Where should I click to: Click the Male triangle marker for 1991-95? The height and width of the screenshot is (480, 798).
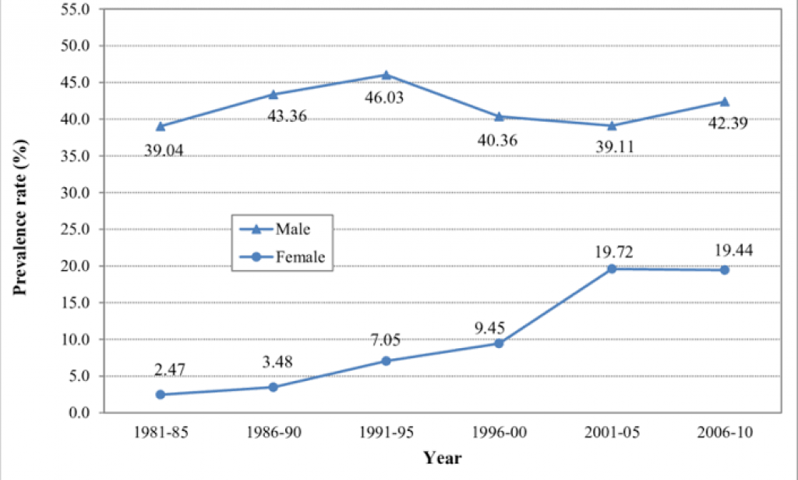(x=386, y=75)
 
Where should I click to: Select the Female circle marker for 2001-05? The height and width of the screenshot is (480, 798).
(x=612, y=268)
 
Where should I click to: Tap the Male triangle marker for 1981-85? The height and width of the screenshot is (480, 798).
(x=160, y=126)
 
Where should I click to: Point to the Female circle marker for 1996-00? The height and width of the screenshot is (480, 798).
(x=499, y=343)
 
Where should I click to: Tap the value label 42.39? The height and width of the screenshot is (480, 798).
(x=725, y=122)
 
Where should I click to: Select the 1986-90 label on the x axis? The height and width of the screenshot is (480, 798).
(x=273, y=432)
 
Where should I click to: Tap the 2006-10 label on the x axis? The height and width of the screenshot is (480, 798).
(x=725, y=432)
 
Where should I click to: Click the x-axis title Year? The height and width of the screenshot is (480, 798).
(x=442, y=458)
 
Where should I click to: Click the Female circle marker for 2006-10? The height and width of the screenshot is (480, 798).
(x=725, y=270)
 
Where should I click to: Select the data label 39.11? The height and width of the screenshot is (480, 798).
(x=612, y=146)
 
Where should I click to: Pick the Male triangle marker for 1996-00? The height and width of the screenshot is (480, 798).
(x=499, y=116)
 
